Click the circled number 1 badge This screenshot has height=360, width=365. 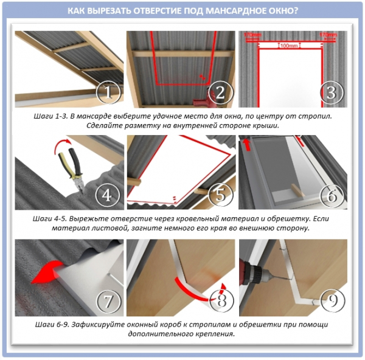click(108, 92)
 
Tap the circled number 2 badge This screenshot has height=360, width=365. click(220, 92)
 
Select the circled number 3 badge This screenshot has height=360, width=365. click(332, 92)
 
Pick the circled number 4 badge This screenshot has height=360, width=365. click(107, 195)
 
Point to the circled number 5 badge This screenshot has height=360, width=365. click(220, 195)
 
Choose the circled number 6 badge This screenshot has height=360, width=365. click(332, 195)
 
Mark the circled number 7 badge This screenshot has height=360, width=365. click(108, 301)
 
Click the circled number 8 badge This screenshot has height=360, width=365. click(221, 300)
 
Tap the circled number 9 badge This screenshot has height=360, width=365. click(333, 300)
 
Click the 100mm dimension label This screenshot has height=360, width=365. click(289, 46)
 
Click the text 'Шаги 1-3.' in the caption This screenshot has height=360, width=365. click(50, 116)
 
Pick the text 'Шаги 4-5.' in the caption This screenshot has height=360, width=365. click(50, 219)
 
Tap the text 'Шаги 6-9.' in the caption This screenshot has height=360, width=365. click(52, 324)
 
